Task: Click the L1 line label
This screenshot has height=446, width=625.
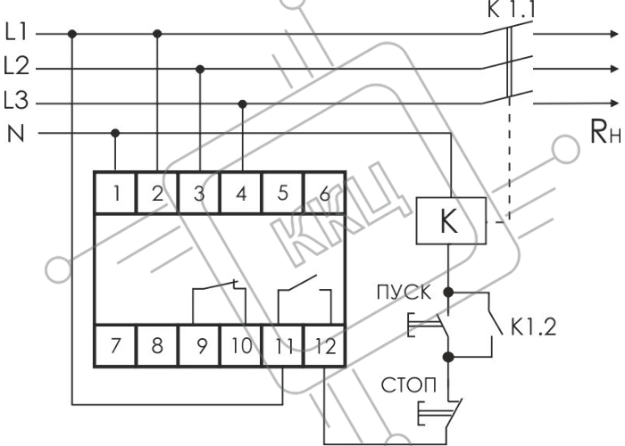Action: click(16, 32)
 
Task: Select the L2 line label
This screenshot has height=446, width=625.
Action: click(17, 66)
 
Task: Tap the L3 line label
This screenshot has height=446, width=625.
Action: click(16, 100)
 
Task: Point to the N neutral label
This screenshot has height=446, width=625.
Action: click(16, 134)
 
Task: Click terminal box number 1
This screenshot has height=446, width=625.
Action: click(116, 194)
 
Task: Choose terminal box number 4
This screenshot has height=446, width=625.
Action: click(241, 194)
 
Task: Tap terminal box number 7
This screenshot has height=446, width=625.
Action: click(116, 345)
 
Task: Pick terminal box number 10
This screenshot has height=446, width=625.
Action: click(241, 345)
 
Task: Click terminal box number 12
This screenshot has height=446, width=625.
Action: click(324, 345)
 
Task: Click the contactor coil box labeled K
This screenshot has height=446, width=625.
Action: click(451, 220)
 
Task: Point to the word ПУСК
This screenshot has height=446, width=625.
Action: click(404, 293)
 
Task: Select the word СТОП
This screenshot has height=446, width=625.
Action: click(409, 385)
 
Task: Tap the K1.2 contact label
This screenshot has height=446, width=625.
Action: click(533, 327)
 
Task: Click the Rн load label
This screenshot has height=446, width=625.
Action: click(605, 132)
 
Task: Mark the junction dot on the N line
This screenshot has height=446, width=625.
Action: click(115, 133)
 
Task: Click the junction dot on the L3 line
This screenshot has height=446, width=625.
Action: click(242, 104)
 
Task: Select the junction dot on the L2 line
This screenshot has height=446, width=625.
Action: click(200, 70)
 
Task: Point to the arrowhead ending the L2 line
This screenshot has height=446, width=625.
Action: click(614, 69)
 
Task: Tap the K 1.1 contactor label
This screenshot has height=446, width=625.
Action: click(510, 11)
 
